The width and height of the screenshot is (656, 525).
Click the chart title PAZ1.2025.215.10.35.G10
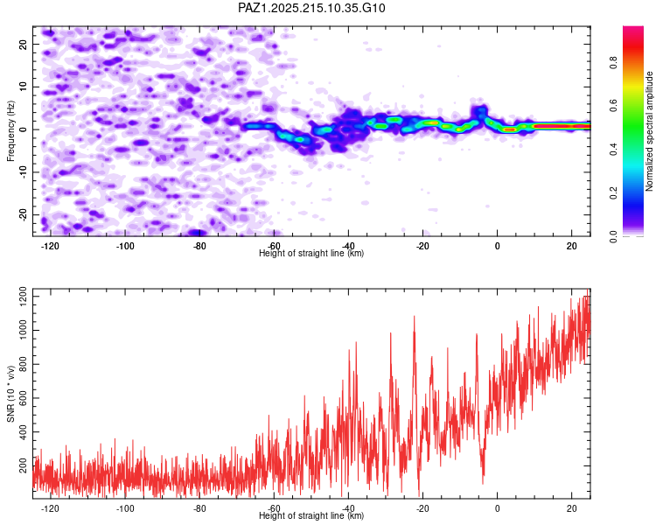click(x=311, y=8)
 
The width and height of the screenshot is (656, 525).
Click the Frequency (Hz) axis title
click(x=10, y=131)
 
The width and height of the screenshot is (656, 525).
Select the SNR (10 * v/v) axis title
click(x=10, y=394)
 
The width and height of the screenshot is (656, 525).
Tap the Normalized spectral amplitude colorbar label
click(x=649, y=131)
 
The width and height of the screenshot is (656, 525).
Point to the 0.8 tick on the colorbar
click(x=613, y=63)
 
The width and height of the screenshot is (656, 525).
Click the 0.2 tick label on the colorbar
click(x=613, y=193)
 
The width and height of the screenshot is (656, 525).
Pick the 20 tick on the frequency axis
click(x=23, y=44)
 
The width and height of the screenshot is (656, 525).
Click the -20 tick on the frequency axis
click(x=23, y=214)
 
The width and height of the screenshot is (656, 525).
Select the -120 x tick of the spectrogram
click(x=50, y=246)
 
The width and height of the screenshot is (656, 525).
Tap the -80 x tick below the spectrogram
click(x=199, y=246)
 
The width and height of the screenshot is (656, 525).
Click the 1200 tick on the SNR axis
click(x=23, y=297)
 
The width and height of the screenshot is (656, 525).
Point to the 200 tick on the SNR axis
click(x=23, y=465)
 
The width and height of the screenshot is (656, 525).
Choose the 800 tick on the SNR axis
click(x=23, y=364)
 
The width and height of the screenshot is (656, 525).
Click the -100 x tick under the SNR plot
click(x=125, y=508)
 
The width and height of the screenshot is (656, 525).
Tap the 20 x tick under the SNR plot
click(x=571, y=508)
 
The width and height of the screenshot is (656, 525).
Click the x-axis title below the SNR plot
click(x=311, y=515)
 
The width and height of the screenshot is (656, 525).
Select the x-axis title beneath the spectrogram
click(x=311, y=253)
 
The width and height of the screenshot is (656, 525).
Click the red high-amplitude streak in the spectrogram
click(x=562, y=126)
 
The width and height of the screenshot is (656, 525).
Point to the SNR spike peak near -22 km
click(x=415, y=317)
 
